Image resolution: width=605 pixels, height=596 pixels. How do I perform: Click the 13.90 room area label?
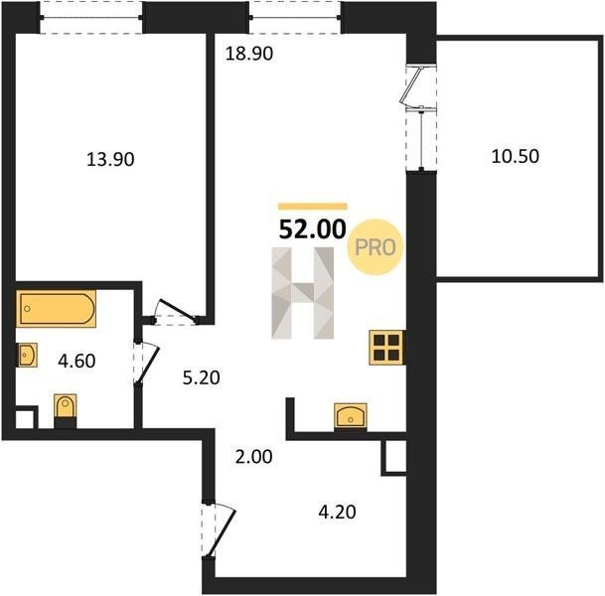pyautogui.click(x=110, y=159)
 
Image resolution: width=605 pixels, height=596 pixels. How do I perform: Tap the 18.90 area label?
pyautogui.click(x=249, y=54)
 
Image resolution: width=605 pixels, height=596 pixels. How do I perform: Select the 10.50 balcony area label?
pyautogui.click(x=516, y=156)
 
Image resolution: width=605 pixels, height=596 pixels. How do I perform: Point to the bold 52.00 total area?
pyautogui.click(x=313, y=229)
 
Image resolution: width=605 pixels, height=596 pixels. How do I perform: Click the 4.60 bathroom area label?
pyautogui.click(x=76, y=361)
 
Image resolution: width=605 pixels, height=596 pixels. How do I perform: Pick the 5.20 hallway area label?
pyautogui.click(x=201, y=377)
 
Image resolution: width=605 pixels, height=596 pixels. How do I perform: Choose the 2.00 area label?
pyautogui.click(x=254, y=457)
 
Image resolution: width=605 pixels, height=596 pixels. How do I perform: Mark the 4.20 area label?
pyautogui.click(x=337, y=513)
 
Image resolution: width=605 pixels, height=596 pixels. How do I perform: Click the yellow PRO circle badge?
pyautogui.click(x=376, y=247)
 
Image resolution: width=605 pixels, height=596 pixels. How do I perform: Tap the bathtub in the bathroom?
pyautogui.click(x=57, y=309)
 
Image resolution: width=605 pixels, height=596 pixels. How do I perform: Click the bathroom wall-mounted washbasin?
pyautogui.click(x=27, y=355)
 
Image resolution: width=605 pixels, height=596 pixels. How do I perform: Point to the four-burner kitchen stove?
pyautogui.click(x=387, y=348)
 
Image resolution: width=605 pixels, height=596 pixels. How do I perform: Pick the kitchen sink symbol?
pyautogui.click(x=351, y=416)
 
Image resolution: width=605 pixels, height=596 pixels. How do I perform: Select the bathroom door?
pyautogui.click(x=146, y=363)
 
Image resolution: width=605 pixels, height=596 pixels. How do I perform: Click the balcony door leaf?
pyautogui.click(x=410, y=85)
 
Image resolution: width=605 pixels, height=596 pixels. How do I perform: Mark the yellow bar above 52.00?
pyautogui.click(x=313, y=207)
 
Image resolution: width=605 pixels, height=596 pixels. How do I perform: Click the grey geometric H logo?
pyautogui.click(x=303, y=293)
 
